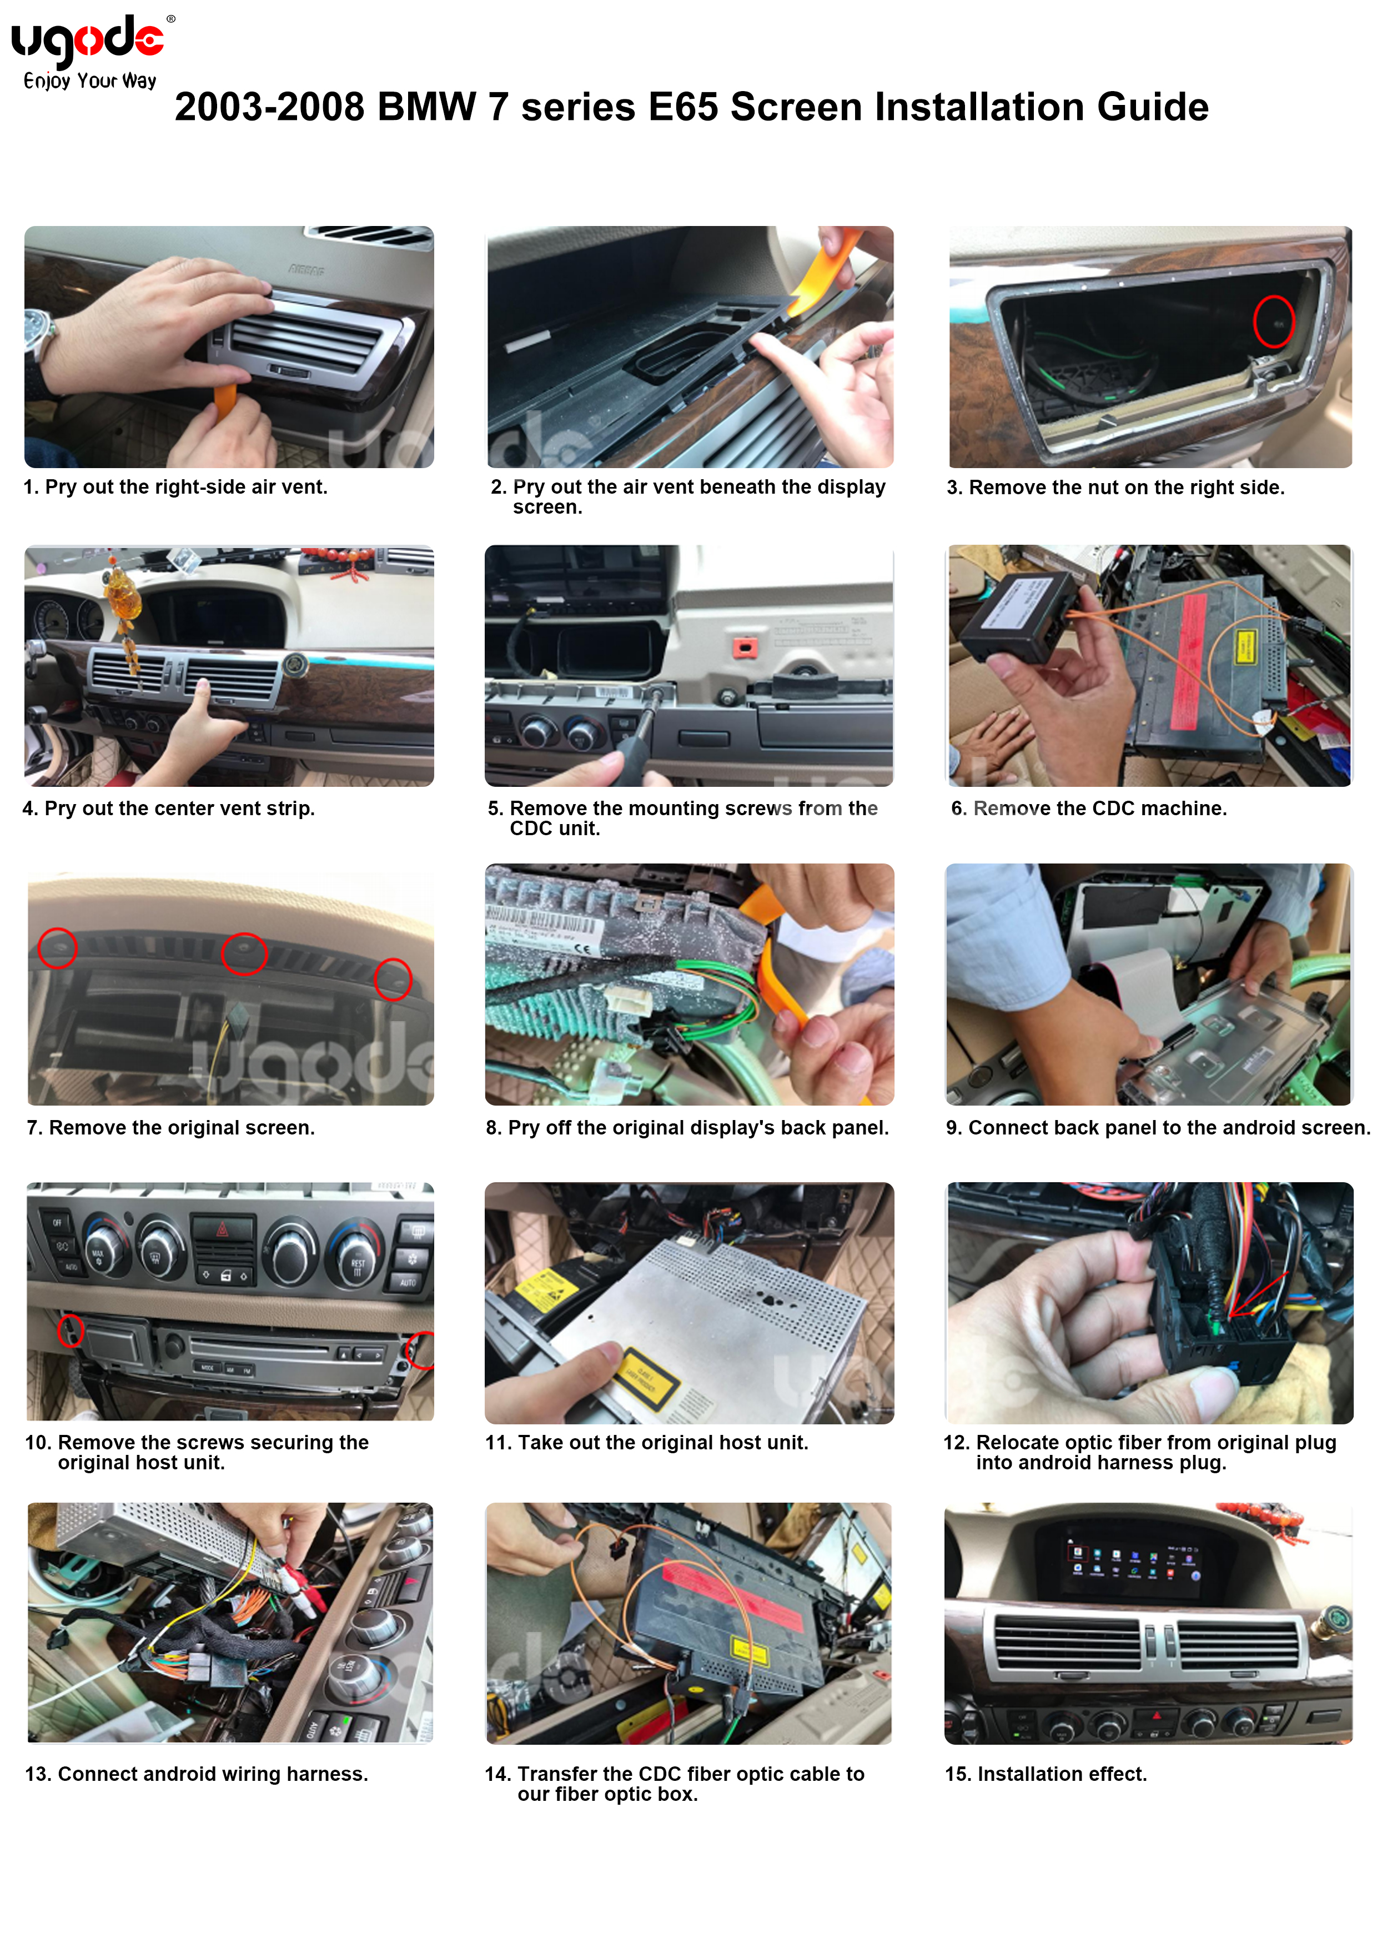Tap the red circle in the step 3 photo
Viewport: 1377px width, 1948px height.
[1274, 322]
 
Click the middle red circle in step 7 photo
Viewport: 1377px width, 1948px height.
[244, 953]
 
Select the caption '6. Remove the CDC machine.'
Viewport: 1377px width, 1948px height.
[1088, 809]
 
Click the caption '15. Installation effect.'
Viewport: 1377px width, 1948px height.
[1046, 1774]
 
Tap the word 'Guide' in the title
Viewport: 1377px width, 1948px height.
[1152, 107]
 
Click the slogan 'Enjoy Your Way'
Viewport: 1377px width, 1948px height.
[90, 82]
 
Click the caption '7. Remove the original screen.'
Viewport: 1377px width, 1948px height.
[170, 1128]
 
